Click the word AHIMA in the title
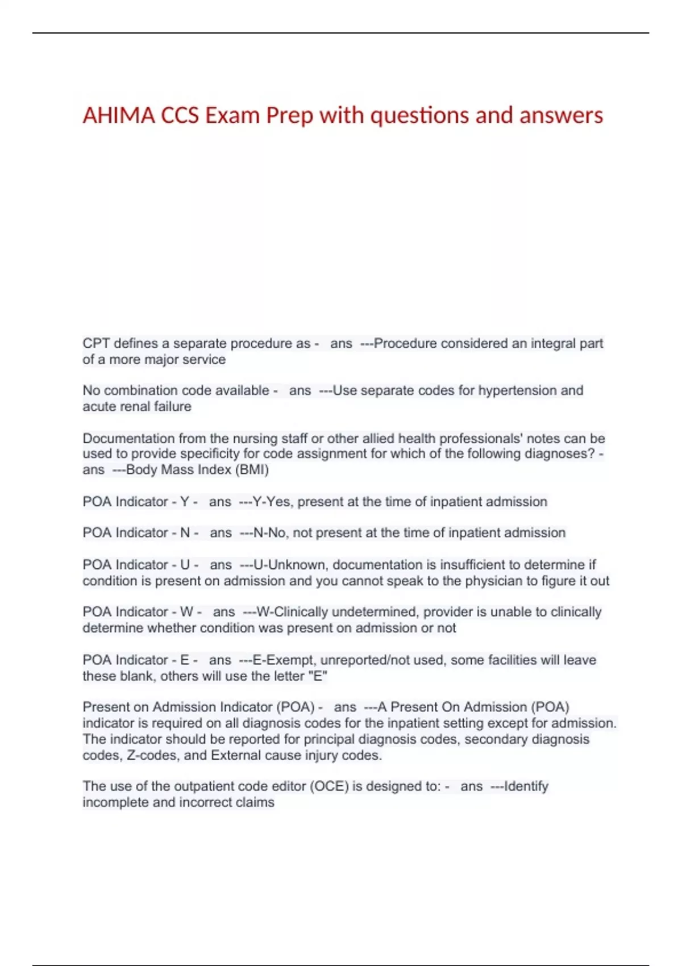(119, 115)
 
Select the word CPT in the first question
(96, 343)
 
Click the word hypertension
(517, 390)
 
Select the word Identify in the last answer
(526, 786)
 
